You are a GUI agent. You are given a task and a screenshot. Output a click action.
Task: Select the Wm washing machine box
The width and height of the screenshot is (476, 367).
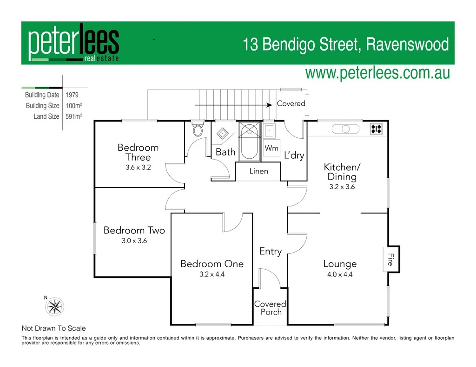271,148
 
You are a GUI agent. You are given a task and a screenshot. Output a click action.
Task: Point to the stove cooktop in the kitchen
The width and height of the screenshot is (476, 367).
376,129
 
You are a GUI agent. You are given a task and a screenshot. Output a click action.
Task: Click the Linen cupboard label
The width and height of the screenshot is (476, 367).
258,171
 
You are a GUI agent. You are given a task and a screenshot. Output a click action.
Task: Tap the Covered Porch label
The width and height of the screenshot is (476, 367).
270,308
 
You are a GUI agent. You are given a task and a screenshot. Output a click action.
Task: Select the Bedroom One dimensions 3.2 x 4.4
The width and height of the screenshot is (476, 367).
212,274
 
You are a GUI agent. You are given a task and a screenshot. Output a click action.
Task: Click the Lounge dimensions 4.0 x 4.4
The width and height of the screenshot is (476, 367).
340,274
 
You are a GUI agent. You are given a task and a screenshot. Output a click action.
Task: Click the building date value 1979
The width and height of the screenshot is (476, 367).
72,95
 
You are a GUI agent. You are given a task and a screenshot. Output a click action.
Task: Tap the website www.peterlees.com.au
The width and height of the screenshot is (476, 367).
377,73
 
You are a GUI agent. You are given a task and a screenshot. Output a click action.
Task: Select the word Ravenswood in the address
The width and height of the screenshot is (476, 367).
407,45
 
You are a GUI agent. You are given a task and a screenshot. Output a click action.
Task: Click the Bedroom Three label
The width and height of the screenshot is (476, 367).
138,152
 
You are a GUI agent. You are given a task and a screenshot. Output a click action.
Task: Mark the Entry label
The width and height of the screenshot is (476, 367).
270,251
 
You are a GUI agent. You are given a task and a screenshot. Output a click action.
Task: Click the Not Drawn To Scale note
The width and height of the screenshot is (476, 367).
53,328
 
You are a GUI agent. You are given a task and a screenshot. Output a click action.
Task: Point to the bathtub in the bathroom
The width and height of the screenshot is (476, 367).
249,142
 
